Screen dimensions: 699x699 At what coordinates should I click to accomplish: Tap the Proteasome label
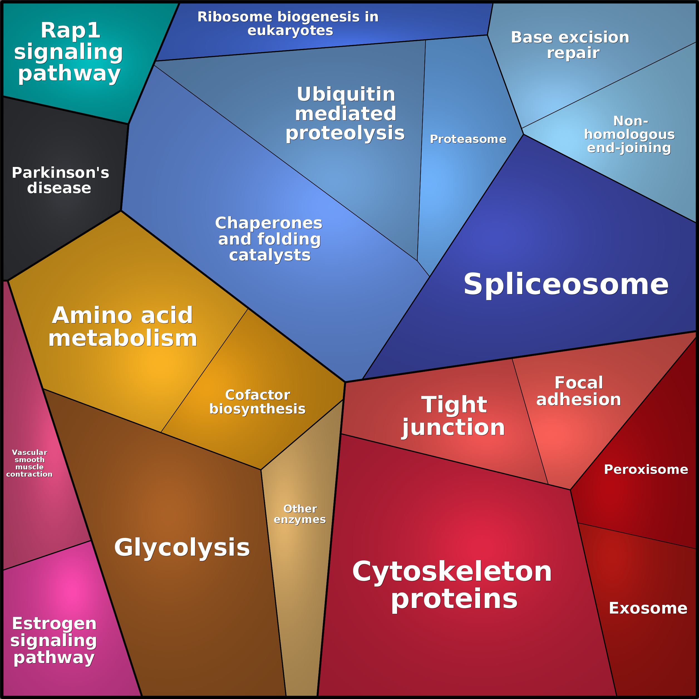[468, 139]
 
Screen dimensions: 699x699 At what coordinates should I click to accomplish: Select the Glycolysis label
[182, 547]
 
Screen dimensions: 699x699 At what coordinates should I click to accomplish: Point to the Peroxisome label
[646, 469]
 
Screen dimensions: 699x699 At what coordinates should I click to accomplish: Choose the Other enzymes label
[300, 514]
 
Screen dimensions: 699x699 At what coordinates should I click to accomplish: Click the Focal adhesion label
[579, 391]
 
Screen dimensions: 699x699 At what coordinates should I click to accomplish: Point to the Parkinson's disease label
[60, 180]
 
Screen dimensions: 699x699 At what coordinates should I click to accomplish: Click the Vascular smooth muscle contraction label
[29, 463]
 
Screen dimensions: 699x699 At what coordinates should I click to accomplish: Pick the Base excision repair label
[570, 45]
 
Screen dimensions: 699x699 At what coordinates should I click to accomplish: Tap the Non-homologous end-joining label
[629, 134]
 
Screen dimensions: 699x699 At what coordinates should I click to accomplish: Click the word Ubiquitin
[346, 94]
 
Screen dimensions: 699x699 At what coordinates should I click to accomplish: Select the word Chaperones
[269, 223]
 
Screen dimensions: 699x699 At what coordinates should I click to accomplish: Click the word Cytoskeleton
[452, 571]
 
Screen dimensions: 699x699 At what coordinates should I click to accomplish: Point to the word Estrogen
[54, 623]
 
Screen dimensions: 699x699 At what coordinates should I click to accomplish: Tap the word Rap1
[71, 30]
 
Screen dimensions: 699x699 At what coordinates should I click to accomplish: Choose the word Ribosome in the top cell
[235, 17]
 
